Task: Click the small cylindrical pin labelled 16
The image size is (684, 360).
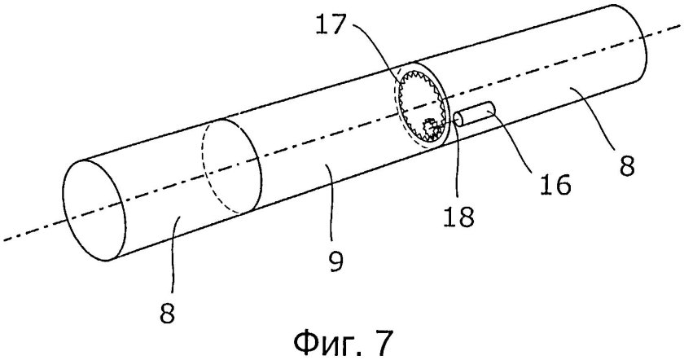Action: click(x=474, y=114)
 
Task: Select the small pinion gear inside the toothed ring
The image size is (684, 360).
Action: click(x=430, y=129)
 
